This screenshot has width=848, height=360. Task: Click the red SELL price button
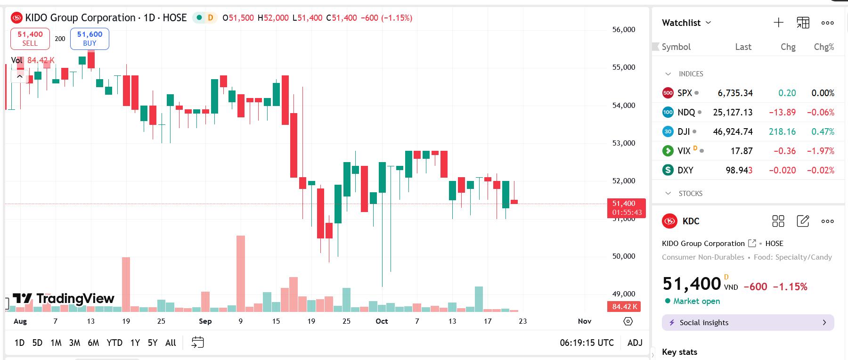pos(30,39)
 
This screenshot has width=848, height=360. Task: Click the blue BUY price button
pos(90,39)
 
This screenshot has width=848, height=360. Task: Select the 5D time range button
pos(37,343)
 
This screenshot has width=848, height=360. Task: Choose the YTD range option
pos(114,343)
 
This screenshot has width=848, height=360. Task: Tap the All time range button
pos(171,343)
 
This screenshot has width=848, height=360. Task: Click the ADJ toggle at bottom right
pos(635,343)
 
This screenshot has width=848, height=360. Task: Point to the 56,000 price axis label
pos(624,30)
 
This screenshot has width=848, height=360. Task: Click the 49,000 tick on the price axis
pos(624,294)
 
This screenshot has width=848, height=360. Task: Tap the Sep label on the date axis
pos(205,321)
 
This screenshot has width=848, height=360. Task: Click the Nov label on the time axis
pos(584,321)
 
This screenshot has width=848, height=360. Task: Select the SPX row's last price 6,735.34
pos(735,93)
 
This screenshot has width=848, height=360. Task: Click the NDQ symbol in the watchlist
pos(686,113)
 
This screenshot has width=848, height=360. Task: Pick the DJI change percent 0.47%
pos(823,132)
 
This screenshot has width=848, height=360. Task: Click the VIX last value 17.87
pos(742,151)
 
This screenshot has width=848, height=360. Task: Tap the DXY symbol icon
pos(668,170)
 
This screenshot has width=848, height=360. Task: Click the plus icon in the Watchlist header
pos(778,23)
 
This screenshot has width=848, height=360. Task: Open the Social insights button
pos(748,323)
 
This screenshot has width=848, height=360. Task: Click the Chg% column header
pos(824,47)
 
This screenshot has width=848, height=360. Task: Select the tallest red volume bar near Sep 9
pos(241,273)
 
